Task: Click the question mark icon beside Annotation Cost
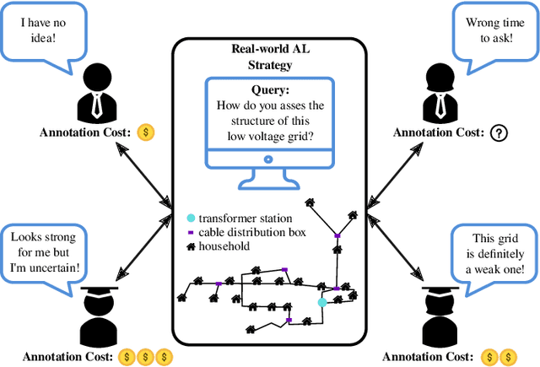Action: pos(498,132)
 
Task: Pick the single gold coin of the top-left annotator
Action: pos(146,132)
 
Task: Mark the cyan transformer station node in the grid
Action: pos(321,301)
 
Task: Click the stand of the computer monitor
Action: pos(269,179)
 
